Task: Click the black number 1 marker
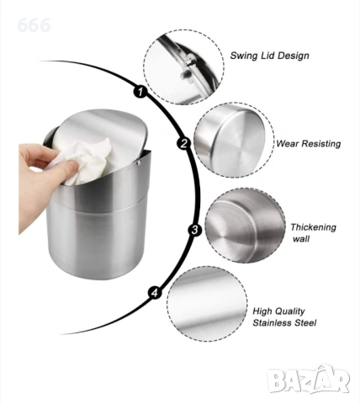coord(140,91)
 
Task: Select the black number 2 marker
coord(183,143)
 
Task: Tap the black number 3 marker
coord(195,230)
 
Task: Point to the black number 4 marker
coord(155,293)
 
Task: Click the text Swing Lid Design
coord(269,56)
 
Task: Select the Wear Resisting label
coord(309,144)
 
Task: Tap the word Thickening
coord(313,227)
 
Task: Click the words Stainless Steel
coord(284,322)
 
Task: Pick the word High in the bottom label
coord(262,311)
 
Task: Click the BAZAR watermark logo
coord(308,380)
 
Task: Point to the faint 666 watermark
coord(34,25)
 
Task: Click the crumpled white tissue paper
coord(83,161)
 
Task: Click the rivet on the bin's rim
coord(138,162)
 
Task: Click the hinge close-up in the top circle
coord(183,66)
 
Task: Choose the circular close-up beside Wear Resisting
coord(234,140)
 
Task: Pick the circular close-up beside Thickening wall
coord(245,226)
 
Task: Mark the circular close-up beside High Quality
coord(207,304)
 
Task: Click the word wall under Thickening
coord(301,239)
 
